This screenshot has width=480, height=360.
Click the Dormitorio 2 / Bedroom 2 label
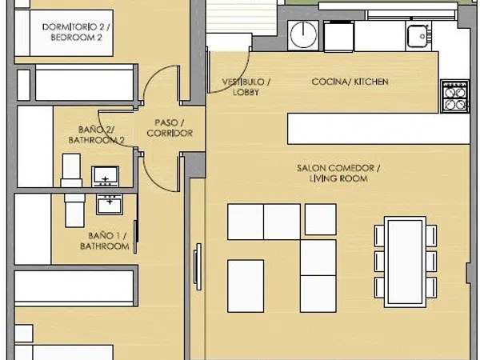[76, 32]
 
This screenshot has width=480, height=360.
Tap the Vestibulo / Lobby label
[246, 87]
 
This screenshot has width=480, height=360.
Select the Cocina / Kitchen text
[350, 82]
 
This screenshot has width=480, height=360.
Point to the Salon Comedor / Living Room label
[338, 174]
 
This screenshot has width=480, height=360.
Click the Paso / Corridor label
[170, 128]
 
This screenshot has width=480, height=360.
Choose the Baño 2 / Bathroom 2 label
[96, 134]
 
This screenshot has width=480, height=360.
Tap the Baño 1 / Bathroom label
[104, 241]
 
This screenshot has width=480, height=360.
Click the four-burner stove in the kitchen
[454, 96]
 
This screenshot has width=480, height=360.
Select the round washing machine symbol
[303, 35]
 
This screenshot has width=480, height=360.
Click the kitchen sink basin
[418, 36]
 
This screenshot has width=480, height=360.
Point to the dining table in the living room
[405, 262]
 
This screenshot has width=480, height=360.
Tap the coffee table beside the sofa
[246, 286]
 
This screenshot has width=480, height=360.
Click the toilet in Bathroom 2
[71, 170]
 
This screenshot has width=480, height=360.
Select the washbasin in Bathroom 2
[106, 177]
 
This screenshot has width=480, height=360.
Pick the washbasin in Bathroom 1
[110, 204]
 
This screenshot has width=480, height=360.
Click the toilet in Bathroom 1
[74, 210]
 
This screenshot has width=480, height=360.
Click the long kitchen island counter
[378, 129]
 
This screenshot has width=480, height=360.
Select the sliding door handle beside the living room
[198, 267]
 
